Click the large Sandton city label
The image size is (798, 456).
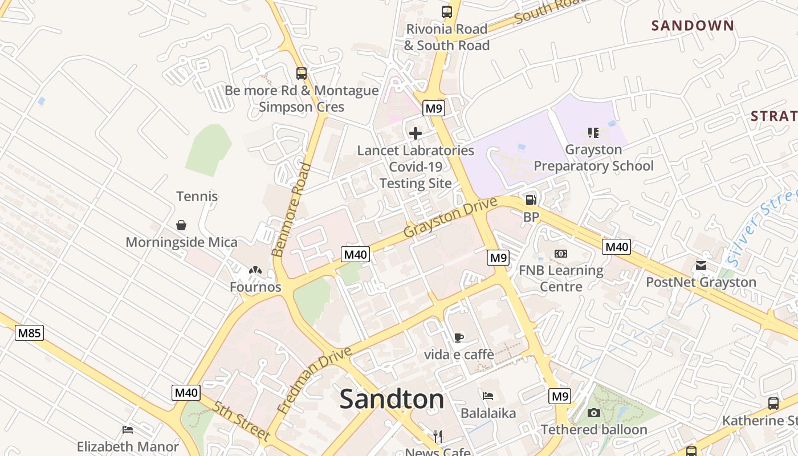[392, 399]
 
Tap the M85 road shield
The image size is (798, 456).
[29, 333]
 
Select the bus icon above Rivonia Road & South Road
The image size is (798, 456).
[447, 11]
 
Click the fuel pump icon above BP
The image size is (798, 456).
[531, 199]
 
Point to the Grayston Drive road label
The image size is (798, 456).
[446, 217]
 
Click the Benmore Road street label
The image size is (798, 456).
[291, 210]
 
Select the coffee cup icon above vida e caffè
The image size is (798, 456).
[459, 337]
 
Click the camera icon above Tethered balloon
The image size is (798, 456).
[594, 413]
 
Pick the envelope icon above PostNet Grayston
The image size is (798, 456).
[701, 266]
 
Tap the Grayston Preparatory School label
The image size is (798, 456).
[593, 158]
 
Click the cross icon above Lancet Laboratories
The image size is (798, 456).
[416, 133]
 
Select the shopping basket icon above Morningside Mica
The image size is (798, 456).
[181, 225]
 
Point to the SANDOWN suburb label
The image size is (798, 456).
[693, 26]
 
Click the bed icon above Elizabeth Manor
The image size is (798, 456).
[128, 430]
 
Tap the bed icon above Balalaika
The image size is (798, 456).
[488, 396]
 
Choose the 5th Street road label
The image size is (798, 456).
[241, 421]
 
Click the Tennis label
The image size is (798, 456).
[197, 196]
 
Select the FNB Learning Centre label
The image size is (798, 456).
[561, 278]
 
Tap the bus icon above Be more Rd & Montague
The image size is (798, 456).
[302, 74]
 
